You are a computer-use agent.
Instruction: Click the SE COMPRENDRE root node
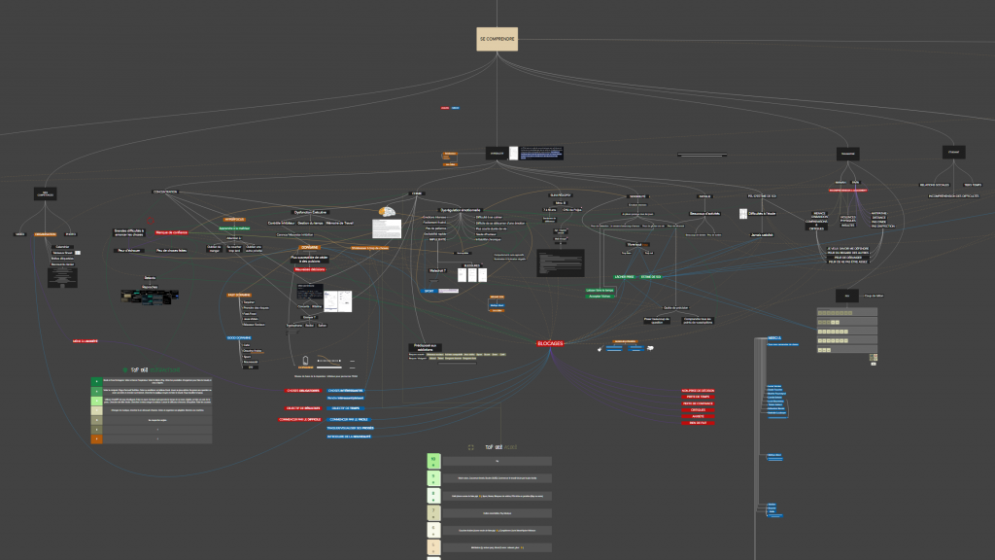pyautogui.click(x=497, y=39)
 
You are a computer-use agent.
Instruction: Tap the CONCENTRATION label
pyautogui.click(x=164, y=192)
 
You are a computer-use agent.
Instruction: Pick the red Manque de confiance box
pyautogui.click(x=171, y=232)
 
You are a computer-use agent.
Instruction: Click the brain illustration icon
pyautogui.click(x=386, y=212)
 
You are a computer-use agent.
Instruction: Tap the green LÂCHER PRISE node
pyautogui.click(x=597, y=276)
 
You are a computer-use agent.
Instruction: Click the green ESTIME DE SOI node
pyautogui.click(x=636, y=276)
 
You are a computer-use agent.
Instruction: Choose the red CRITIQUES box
pyautogui.click(x=698, y=409)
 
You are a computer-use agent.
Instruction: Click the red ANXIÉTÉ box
pyautogui.click(x=698, y=416)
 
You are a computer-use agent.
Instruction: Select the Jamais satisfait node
pyautogui.click(x=761, y=235)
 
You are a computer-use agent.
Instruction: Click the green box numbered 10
pyautogui.click(x=434, y=460)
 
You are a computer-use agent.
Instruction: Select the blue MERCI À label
pyautogui.click(x=774, y=338)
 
